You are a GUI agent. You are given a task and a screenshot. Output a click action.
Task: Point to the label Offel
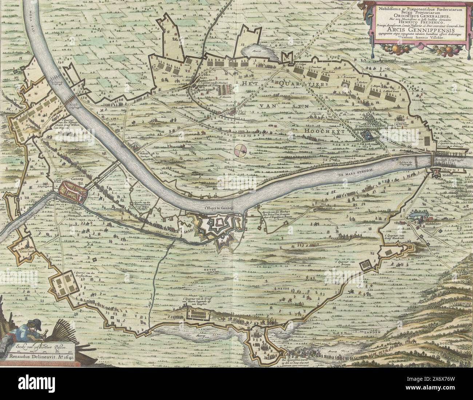[242, 113]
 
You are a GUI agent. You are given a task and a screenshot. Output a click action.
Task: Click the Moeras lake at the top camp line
[257, 53]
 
